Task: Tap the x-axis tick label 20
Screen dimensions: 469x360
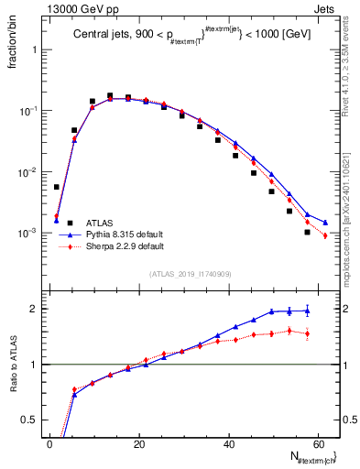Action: pyautogui.click(x=138, y=444)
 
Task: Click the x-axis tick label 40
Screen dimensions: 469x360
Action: pyautogui.click(x=228, y=444)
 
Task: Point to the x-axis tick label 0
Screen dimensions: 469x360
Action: pyautogui.click(x=49, y=444)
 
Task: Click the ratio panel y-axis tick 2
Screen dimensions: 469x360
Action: pyautogui.click(x=34, y=309)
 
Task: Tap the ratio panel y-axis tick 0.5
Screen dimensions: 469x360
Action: pyautogui.click(x=30, y=420)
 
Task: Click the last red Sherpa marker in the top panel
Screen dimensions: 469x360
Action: pyautogui.click(x=325, y=236)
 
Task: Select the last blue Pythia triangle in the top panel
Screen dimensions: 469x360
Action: pyautogui.click(x=325, y=222)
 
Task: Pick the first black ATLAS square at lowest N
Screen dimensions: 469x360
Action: pyautogui.click(x=57, y=187)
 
